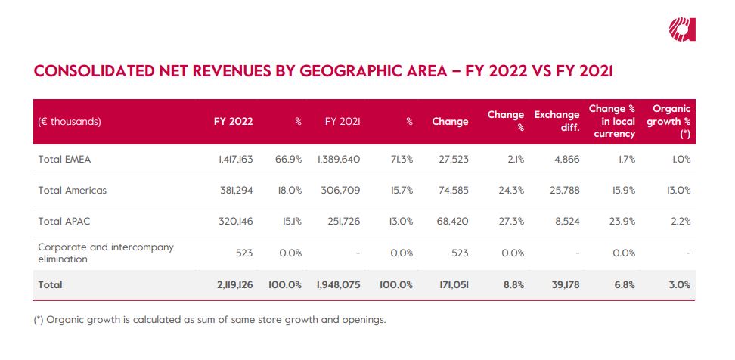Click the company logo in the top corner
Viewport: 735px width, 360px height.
click(681, 29)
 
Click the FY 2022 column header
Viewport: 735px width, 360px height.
click(234, 121)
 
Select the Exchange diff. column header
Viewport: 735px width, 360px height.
click(557, 121)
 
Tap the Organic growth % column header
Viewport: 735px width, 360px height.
click(671, 121)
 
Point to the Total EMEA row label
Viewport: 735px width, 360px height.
click(64, 160)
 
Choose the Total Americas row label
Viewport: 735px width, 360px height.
click(72, 191)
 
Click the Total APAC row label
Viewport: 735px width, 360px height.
click(64, 222)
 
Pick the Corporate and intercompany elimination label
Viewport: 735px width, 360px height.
click(106, 253)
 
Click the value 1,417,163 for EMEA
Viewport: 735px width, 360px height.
click(231, 160)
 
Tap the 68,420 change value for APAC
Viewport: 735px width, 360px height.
click(451, 222)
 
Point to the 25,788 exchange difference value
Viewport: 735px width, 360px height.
click(563, 191)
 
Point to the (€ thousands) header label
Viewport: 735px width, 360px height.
click(70, 121)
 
